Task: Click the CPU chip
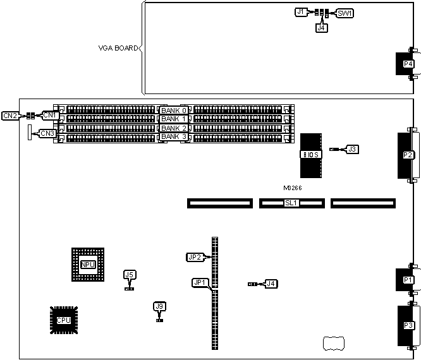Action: click(x=63, y=320)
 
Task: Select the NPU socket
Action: click(x=88, y=264)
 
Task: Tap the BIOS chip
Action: click(x=311, y=155)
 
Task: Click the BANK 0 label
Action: click(x=173, y=111)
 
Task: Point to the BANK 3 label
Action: click(x=173, y=136)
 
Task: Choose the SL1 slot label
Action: click(x=291, y=203)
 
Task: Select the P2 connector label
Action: click(x=408, y=155)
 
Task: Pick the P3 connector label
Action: click(x=408, y=326)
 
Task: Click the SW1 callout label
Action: click(x=345, y=13)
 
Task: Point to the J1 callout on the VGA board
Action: click(x=301, y=12)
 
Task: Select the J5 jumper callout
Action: click(x=130, y=275)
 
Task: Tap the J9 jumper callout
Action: click(x=159, y=306)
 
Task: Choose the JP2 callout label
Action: click(x=194, y=257)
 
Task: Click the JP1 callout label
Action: click(x=200, y=282)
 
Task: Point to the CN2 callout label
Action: click(x=10, y=116)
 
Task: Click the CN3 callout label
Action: click(x=47, y=133)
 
